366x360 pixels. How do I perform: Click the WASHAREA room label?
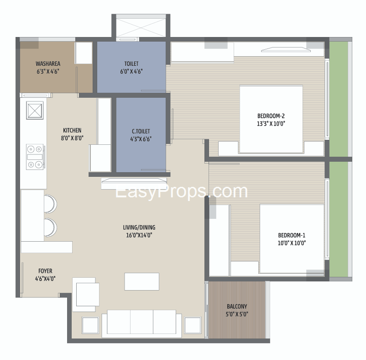(48, 64)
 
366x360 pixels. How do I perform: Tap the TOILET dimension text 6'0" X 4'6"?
(131, 71)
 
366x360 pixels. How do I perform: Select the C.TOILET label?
(141, 131)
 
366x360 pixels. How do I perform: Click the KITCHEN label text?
(72, 130)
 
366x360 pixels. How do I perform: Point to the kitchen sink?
(35, 110)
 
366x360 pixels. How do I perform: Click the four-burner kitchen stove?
(35, 157)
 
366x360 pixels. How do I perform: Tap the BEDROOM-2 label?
(271, 116)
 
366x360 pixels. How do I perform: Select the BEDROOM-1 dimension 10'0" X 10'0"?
(292, 243)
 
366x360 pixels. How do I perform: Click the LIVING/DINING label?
(139, 228)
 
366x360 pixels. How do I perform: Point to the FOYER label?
(45, 271)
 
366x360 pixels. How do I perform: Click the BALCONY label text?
(237, 306)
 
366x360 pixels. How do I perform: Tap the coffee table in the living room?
(141, 281)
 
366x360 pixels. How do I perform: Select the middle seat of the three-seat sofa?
(141, 322)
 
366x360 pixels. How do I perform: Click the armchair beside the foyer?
(86, 294)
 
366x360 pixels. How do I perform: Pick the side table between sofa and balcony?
(193, 325)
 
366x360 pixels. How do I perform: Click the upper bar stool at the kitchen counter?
(50, 204)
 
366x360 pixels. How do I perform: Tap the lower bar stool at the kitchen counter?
(50, 228)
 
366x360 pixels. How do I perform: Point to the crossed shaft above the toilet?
(141, 28)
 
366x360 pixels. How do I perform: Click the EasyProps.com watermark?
(181, 191)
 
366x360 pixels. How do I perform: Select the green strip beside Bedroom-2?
(339, 99)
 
